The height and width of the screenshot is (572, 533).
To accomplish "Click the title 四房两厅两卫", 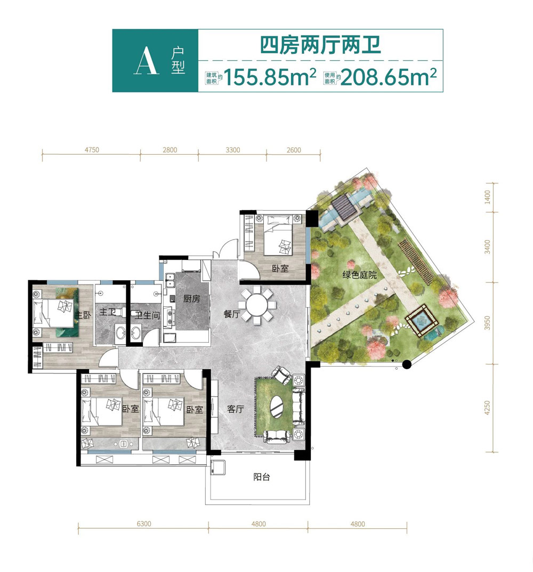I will click(x=320, y=45).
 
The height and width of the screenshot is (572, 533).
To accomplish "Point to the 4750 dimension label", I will click(x=91, y=150).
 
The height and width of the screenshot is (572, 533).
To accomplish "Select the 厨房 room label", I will click(x=191, y=299).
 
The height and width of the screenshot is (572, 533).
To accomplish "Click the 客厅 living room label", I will click(x=235, y=410).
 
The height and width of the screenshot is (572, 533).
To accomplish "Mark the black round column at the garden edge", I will click(x=407, y=365).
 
